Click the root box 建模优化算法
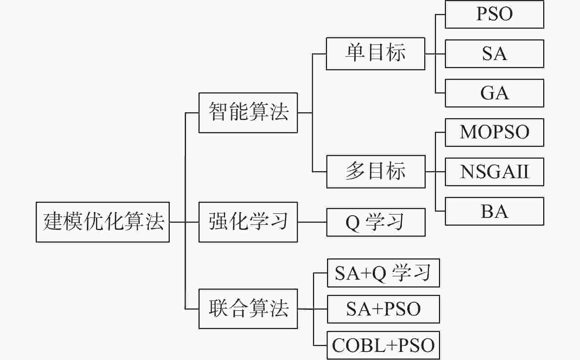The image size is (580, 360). tap(103, 222)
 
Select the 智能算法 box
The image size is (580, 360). tap(248, 113)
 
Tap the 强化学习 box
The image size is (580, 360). tap(248, 222)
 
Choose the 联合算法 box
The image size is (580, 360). tap(248, 309)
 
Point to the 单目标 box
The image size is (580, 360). tap(376, 54)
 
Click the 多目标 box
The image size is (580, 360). tap(376, 172)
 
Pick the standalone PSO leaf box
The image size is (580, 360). tap(495, 14)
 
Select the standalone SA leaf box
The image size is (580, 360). tap(495, 54)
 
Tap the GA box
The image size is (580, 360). tap(495, 93)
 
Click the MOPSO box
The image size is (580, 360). tap(495, 133)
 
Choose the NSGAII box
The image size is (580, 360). tap(495, 172)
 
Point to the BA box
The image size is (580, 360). tap(495, 211)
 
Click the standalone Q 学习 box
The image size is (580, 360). tap(376, 222)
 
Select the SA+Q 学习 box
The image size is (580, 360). tap(383, 273)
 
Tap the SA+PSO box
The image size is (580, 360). tap(383, 309)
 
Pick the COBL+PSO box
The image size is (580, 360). tap(383, 345)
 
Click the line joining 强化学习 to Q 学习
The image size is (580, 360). tap(312, 222)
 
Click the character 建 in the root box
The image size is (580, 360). tap(53, 222)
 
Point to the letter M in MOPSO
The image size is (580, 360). tap(469, 132)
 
